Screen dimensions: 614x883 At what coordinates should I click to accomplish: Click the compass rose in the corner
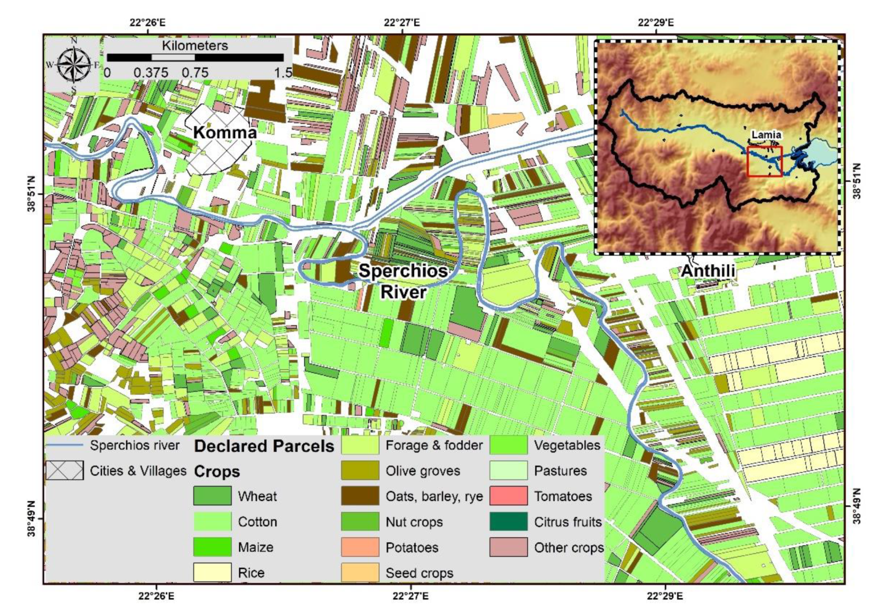coord(73,65)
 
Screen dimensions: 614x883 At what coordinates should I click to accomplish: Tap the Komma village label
coord(225,132)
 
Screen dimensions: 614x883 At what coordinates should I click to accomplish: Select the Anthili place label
coord(708,271)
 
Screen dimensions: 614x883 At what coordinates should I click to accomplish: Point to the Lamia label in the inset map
coord(766,134)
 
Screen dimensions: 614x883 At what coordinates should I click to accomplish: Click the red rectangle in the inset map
coord(764,161)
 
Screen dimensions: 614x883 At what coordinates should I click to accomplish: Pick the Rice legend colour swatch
coord(212,572)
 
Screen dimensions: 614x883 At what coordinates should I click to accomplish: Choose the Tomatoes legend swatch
coord(508,496)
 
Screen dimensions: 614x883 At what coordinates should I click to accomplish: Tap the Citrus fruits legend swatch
coord(508,522)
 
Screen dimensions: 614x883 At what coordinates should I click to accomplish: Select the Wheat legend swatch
coord(212,496)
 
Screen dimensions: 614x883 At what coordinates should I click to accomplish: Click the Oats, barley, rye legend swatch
coord(360,496)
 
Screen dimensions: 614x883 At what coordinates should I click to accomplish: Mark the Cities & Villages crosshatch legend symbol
coord(65,471)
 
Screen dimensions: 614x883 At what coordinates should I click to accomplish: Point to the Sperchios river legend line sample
coord(65,445)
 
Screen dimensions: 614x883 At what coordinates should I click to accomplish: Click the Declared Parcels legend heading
coord(264,446)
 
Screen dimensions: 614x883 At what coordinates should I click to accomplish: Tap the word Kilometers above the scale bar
coord(195,46)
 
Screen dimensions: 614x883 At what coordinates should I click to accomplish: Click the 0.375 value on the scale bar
coord(150,73)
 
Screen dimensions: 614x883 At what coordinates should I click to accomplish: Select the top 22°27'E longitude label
coord(401,23)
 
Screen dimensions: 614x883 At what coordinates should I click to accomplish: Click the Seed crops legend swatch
coord(360,572)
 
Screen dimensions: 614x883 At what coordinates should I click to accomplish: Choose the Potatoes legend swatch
coord(360,547)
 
